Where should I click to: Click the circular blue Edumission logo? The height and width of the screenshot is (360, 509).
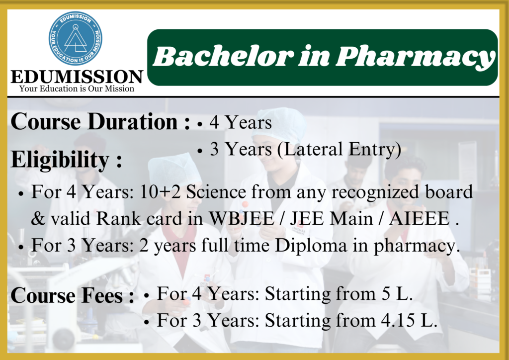pos(76,38)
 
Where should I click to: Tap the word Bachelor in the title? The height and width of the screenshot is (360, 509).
pos(222,56)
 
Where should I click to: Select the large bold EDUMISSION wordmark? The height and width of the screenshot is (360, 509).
pos(77,77)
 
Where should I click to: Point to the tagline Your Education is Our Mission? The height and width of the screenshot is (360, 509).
pos(77,89)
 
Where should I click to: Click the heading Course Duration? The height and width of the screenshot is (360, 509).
pos(100,122)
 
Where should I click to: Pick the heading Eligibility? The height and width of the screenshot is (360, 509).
pos(66,160)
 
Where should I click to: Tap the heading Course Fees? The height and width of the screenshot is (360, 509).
pos(72,295)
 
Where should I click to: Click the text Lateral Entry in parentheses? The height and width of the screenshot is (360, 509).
pos(339,150)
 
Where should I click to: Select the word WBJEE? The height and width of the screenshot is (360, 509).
pos(242,218)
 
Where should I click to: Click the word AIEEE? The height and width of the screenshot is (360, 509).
pos(419,218)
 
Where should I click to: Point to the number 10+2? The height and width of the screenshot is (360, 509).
pos(160,192)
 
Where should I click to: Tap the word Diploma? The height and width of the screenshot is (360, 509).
pos(311,246)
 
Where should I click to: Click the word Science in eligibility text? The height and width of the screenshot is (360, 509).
pos(216,192)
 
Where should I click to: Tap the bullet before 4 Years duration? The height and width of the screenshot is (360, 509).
pos(200,124)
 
